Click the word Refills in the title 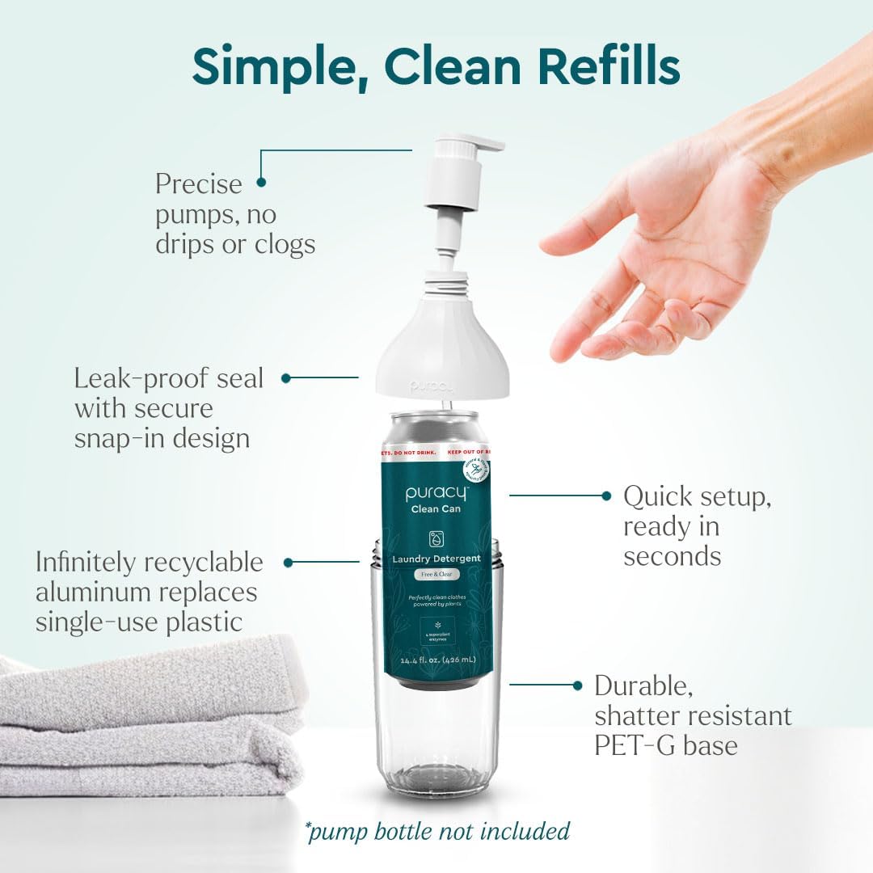[x=609, y=66]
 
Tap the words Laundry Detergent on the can [x=436, y=559]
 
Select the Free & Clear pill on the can [x=436, y=574]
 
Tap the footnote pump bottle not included [x=437, y=831]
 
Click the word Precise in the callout [x=199, y=183]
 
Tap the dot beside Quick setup [x=606, y=496]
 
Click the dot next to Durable [x=578, y=685]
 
